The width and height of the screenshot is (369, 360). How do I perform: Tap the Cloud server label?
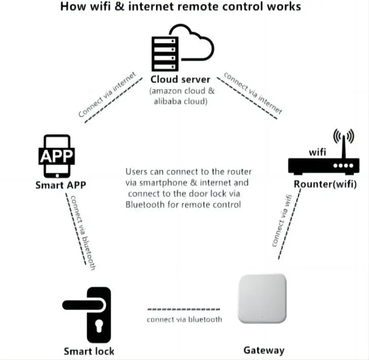(x=181, y=79)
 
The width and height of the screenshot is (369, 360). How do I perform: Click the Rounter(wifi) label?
(x=325, y=185)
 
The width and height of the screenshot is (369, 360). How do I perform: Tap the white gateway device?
(x=262, y=299)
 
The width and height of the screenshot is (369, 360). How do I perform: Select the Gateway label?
(x=264, y=351)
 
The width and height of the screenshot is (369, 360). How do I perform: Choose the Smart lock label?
(x=89, y=351)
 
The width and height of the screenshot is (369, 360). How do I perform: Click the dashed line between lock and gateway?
(x=184, y=309)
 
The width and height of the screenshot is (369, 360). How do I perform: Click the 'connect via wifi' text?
(x=281, y=220)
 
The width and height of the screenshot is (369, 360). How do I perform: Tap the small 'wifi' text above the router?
(x=317, y=152)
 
